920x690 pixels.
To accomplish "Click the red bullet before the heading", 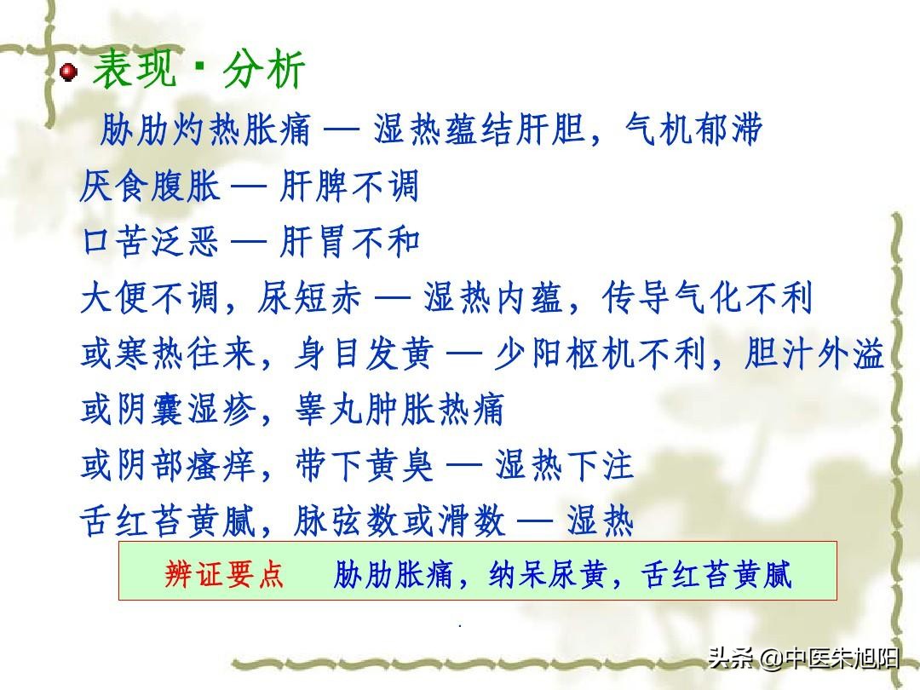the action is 69,72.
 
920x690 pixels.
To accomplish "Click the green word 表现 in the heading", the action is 135,69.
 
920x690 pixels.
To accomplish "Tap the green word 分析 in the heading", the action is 264,69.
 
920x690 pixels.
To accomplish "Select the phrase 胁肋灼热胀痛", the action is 205,129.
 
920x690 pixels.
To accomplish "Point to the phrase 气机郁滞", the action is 693,129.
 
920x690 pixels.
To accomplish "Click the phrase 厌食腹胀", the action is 150,186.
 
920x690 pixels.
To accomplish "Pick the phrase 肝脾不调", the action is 349,186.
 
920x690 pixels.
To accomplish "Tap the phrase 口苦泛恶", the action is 150,242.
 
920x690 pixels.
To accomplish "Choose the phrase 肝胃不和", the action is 350,242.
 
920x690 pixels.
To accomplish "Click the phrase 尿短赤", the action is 309,297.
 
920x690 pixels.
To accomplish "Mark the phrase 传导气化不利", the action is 707,297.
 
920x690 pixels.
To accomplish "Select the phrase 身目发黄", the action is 365,354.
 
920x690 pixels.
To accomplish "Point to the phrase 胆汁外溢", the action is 814,354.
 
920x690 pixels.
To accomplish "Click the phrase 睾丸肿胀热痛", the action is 400,410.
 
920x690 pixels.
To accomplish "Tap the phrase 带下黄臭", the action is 365,465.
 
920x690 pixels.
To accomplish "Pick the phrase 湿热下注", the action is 565,465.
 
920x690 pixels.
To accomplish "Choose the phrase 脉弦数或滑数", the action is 400,521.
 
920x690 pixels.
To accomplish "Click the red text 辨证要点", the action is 223,574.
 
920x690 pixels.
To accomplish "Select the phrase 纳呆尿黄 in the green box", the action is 547,574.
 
